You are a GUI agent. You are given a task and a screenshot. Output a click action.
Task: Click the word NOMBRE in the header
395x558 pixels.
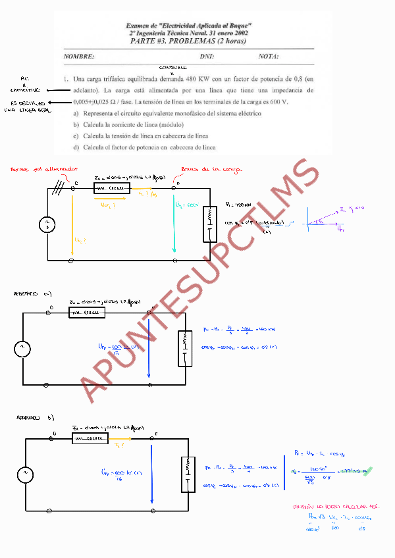click(79, 57)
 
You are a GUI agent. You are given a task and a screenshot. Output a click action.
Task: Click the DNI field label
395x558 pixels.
click(207, 57)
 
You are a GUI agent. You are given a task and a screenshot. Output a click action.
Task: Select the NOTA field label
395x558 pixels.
click(269, 57)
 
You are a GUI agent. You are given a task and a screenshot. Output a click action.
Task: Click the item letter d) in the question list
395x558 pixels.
click(76, 147)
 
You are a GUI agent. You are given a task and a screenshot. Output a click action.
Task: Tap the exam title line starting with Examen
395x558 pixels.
click(189, 25)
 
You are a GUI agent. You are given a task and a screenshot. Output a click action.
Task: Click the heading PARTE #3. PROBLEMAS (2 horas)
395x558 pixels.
click(189, 41)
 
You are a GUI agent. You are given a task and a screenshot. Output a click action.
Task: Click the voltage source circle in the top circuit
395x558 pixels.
click(47, 225)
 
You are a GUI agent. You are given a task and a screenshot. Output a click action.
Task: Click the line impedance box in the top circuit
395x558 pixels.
click(112, 188)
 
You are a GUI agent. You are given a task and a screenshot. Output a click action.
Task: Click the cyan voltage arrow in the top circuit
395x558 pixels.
click(174, 224)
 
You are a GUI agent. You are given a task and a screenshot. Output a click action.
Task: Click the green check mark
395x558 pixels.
click(367, 470)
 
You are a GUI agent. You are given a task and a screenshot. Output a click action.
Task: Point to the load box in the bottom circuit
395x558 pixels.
click(188, 474)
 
